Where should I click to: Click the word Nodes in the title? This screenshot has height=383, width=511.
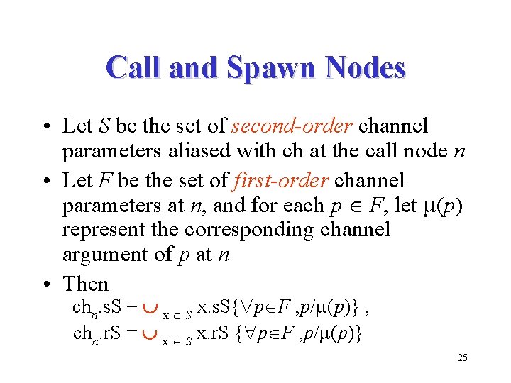tap(364, 68)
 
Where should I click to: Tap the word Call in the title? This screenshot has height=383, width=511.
tap(136, 68)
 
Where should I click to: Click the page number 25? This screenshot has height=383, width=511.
tap(462, 357)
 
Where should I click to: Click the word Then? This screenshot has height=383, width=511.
tap(85, 284)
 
